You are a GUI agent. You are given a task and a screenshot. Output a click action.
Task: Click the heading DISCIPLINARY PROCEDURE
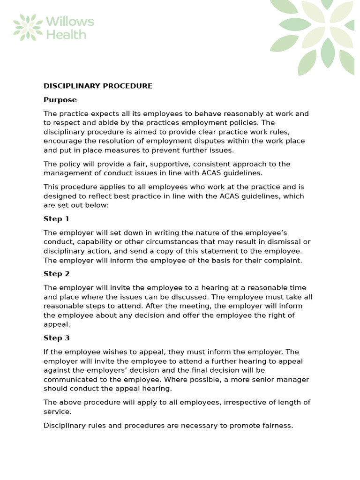[97, 86]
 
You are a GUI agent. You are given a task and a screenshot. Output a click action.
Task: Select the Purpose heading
[60, 100]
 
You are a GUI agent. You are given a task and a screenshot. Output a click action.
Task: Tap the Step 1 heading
[56, 219]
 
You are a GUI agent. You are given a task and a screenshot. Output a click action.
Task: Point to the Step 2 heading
[56, 274]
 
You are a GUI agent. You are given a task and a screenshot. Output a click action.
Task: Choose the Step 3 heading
[56, 338]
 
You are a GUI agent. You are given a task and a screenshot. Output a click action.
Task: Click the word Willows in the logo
[70, 22]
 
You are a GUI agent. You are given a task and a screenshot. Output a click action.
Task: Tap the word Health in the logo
[66, 34]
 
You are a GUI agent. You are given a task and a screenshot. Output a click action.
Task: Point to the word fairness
[277, 426]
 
